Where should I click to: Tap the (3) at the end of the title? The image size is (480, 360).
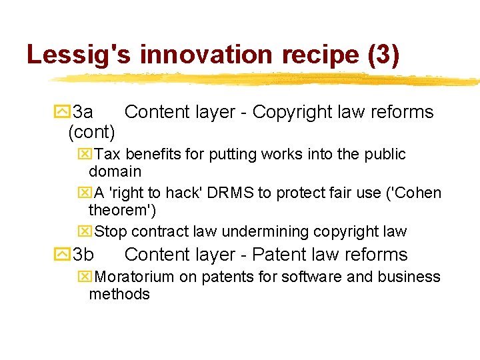(383, 55)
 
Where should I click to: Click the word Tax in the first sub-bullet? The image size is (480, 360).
(108, 154)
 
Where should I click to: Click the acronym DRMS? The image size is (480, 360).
(231, 193)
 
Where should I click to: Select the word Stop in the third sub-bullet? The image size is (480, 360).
(111, 232)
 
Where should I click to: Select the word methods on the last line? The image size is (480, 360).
(119, 294)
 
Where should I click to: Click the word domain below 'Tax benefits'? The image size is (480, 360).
(115, 171)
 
